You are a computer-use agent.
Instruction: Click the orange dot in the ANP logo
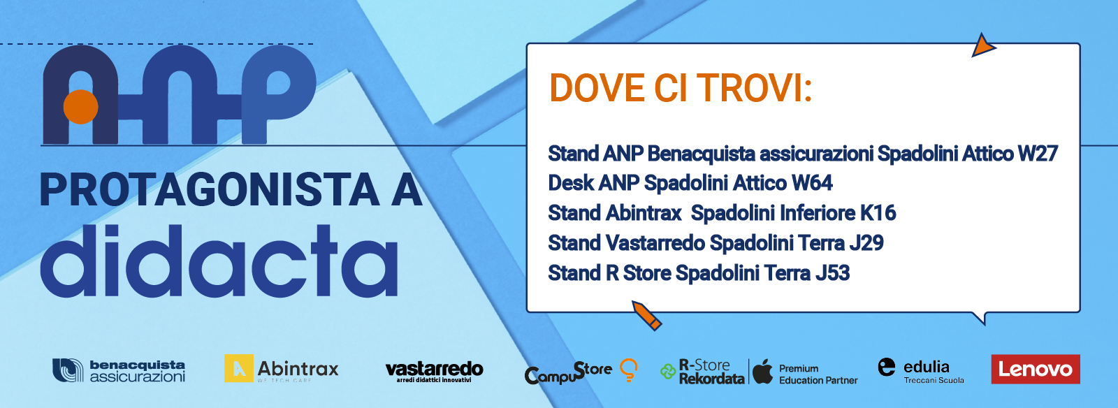pos(81,107)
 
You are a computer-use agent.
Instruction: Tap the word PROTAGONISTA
pos(210,190)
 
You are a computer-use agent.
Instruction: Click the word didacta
pos(219,261)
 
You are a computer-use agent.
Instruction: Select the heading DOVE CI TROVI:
pos(681,88)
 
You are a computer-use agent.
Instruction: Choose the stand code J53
pos(832,273)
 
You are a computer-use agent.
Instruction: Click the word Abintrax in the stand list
pos(644,213)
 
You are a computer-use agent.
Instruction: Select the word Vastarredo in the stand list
pos(655,243)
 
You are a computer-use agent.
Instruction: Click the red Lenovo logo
pos(1036,369)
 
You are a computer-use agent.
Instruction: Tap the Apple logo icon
pos(762,371)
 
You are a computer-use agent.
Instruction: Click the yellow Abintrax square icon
pos(238,368)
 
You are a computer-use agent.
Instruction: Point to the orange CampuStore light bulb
pos(629,370)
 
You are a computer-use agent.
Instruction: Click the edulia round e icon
pos(887,367)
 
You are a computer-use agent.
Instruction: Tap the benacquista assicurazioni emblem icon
pos(68,370)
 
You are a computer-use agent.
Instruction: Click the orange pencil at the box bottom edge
pos(647,315)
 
